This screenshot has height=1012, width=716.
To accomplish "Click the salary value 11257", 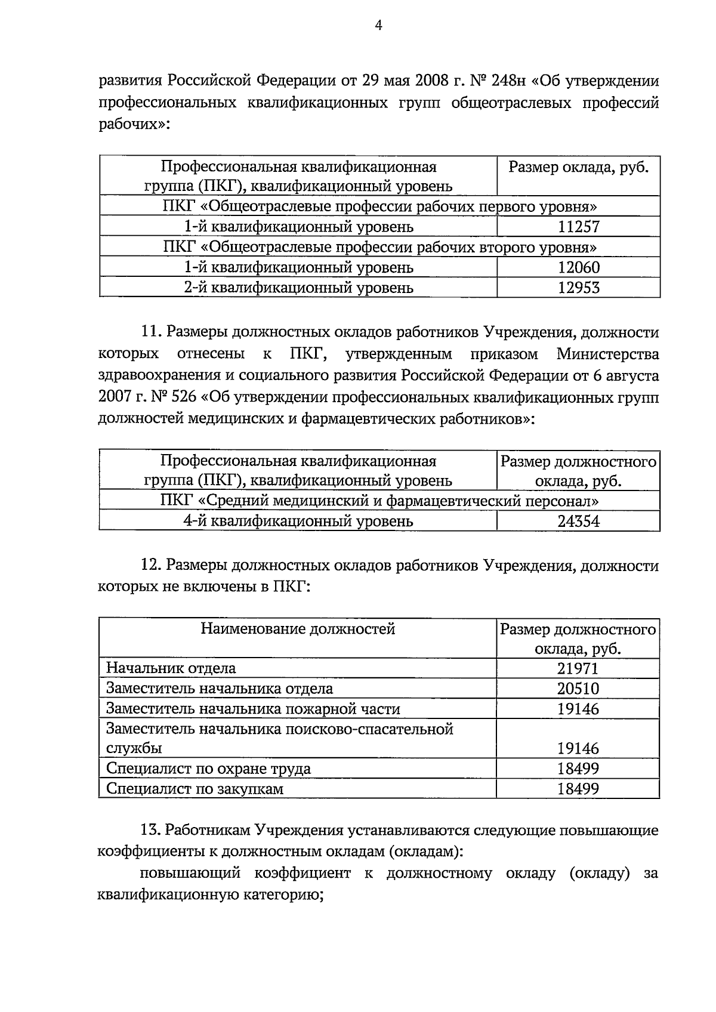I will (x=578, y=227).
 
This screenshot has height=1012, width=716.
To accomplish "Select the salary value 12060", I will (x=578, y=267).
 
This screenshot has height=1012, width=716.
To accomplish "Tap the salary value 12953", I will (x=578, y=288).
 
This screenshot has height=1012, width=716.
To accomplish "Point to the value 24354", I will (x=578, y=522).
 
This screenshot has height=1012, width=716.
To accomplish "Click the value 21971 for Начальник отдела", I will (x=578, y=668).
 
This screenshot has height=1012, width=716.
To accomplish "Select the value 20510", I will (x=578, y=689).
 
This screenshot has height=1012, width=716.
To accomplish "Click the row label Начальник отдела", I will (x=171, y=668).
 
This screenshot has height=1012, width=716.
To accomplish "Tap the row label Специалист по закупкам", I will (x=195, y=789).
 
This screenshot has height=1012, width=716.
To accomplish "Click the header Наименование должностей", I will (x=297, y=628).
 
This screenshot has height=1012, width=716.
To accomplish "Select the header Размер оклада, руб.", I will (x=578, y=167).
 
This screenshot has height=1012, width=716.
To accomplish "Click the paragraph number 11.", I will (x=151, y=332).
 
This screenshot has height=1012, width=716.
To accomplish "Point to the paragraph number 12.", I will (x=151, y=565).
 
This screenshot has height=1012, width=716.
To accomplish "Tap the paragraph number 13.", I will (x=151, y=830).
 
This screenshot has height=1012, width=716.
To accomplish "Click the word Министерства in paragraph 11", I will (x=607, y=354).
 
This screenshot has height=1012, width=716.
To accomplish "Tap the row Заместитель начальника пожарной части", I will (x=253, y=709).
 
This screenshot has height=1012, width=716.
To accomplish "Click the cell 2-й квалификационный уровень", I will (x=298, y=288).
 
